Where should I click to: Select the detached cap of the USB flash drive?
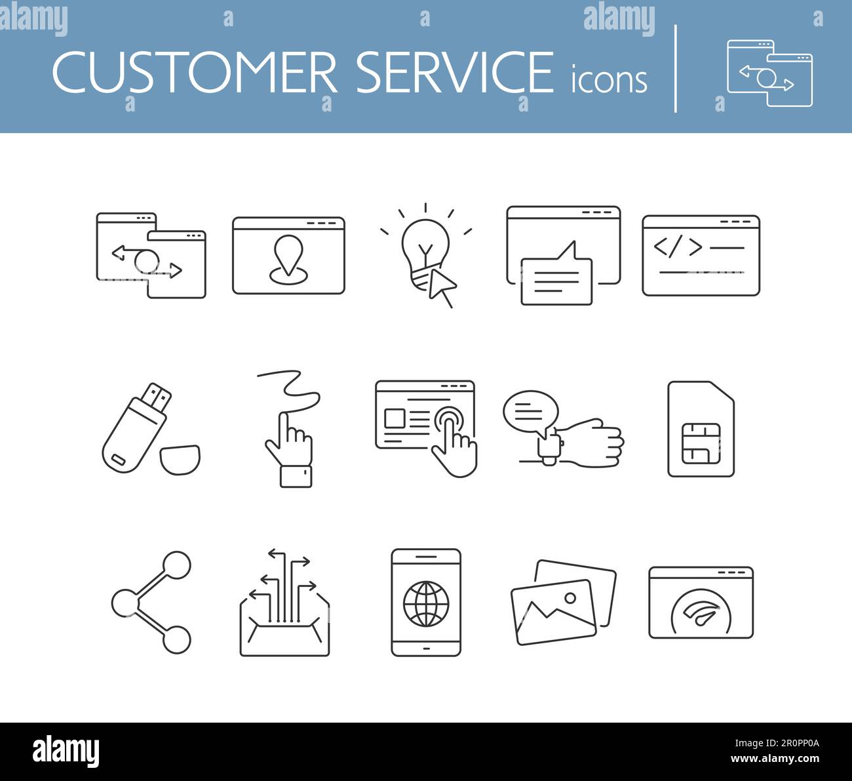[180, 459]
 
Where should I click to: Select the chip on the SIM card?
[701, 443]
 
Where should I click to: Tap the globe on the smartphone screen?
[425, 603]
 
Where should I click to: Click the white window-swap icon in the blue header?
[769, 73]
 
